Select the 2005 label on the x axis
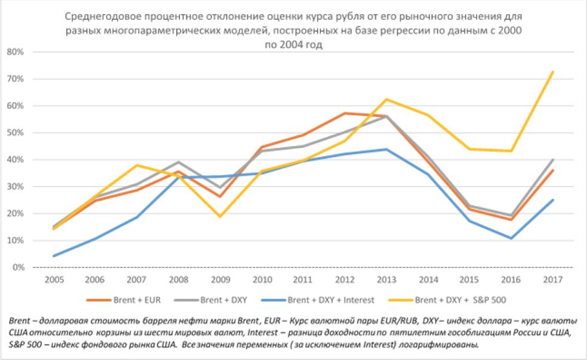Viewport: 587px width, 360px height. click(x=53, y=281)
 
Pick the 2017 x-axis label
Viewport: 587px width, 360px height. click(x=551, y=281)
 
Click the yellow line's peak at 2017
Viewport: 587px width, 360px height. click(x=552, y=72)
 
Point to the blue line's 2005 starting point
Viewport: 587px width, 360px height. click(x=54, y=256)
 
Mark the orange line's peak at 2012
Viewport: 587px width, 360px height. click(x=344, y=113)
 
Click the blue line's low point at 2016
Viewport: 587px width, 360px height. click(x=511, y=238)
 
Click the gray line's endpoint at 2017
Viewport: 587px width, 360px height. click(x=552, y=159)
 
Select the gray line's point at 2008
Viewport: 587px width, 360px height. click(x=177, y=162)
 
